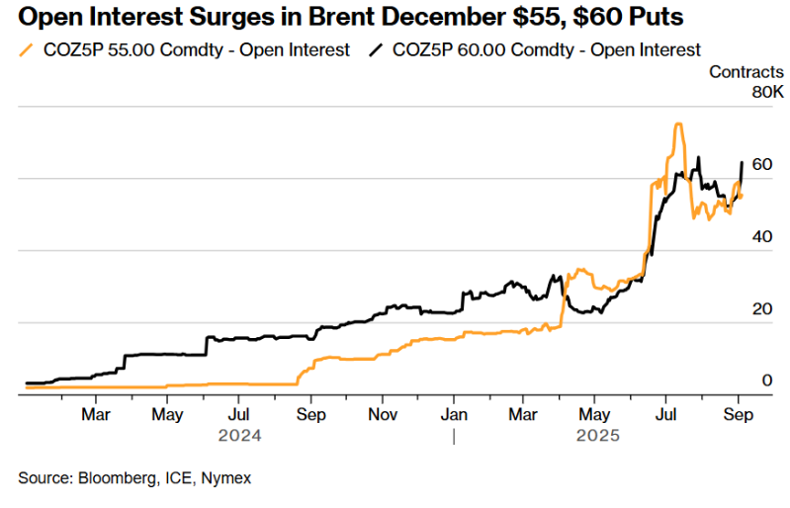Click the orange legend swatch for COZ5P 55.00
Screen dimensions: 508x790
[x=27, y=49]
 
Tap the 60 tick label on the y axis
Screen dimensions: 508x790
[x=761, y=164]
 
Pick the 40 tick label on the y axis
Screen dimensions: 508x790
[x=761, y=236]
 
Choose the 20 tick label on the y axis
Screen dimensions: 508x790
[x=761, y=308]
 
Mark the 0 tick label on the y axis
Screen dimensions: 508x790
[x=766, y=381]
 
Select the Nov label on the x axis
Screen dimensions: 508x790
[x=383, y=414]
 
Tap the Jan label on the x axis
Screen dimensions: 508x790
[x=454, y=414]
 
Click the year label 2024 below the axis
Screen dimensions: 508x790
[x=239, y=435]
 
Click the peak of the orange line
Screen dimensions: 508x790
[x=678, y=125]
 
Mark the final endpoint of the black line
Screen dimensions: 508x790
[x=742, y=163]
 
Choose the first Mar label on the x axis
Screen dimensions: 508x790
[x=95, y=414]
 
